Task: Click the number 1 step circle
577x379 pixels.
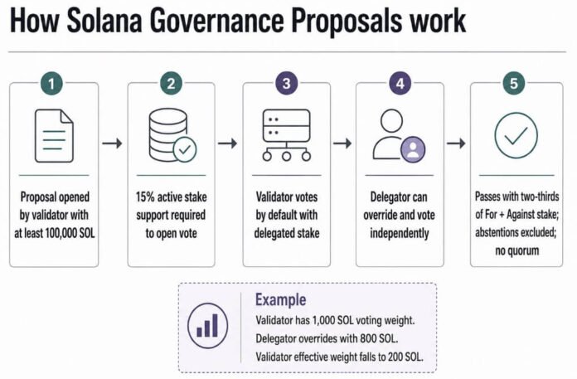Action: tap(51, 84)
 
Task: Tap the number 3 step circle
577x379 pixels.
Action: tap(286, 84)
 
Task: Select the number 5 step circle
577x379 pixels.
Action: tap(514, 84)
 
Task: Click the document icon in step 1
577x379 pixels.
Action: tap(54, 136)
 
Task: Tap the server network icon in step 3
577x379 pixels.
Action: tap(286, 135)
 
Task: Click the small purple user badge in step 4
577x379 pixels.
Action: tap(413, 149)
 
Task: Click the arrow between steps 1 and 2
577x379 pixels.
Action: tap(112, 143)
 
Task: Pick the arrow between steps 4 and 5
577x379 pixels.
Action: tap(456, 143)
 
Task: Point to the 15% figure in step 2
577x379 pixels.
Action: tap(145, 197)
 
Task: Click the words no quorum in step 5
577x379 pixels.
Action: tap(517, 251)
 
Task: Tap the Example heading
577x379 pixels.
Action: tap(281, 300)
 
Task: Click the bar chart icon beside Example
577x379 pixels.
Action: tap(207, 326)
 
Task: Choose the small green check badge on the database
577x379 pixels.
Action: tap(185, 149)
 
